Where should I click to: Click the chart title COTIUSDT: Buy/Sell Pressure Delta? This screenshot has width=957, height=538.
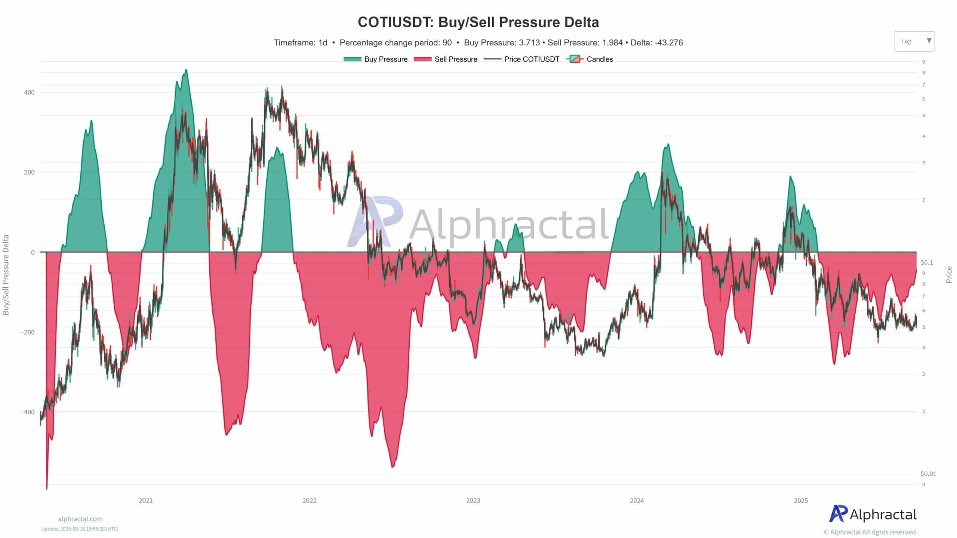(478, 22)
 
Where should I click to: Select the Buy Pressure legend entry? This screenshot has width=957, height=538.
(376, 59)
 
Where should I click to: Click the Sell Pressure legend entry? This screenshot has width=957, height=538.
(446, 59)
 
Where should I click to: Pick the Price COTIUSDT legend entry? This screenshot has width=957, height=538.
(522, 59)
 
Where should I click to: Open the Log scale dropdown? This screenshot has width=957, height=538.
(914, 41)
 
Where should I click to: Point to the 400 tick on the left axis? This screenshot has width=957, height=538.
(29, 92)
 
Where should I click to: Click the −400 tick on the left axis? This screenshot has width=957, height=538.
(27, 412)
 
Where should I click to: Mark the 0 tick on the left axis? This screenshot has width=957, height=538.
(33, 253)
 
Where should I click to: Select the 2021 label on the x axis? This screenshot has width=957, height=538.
(146, 501)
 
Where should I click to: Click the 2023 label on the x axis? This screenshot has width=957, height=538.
(473, 501)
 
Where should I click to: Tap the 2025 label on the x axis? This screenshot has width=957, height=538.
(801, 501)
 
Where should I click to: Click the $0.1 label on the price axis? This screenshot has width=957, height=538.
(927, 262)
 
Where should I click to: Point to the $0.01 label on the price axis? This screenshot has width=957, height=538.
(928, 474)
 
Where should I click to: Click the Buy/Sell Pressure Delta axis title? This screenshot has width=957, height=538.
(6, 275)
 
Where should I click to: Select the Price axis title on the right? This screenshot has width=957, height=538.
(949, 275)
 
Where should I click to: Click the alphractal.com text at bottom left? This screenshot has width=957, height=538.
(80, 519)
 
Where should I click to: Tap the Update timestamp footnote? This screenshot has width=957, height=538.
(80, 529)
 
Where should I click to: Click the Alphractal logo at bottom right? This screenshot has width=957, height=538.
(873, 514)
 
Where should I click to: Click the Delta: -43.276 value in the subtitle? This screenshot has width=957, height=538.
(657, 43)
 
